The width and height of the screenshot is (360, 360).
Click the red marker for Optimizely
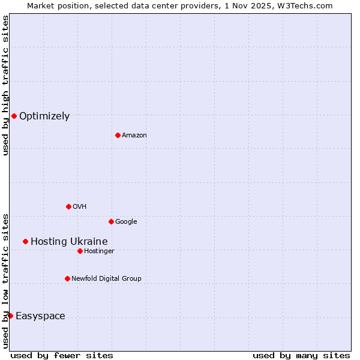pos(14,116)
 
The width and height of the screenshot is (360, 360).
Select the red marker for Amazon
pos(118,135)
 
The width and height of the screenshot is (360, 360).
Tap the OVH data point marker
pos(68,206)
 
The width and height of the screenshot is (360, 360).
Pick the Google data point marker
pos(111,221)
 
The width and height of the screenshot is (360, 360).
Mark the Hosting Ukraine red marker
pos(25,241)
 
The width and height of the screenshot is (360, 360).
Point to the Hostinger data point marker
pos(80,251)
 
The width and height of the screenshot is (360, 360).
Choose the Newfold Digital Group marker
pos(67,278)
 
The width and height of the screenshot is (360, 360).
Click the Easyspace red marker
pos(10,316)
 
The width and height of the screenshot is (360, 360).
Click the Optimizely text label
pos(44,116)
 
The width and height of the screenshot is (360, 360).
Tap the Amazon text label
pos(134,136)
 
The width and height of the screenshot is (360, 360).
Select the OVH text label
pos(80,207)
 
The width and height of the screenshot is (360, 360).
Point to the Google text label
pos(126,222)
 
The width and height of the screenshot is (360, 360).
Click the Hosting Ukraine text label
pos(69,242)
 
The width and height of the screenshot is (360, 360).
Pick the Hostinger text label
pos(99,251)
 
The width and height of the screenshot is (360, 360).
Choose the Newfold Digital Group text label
pos(106,279)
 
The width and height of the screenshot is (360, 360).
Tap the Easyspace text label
pos(40,316)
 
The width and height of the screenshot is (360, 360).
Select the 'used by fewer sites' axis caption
pos(62,355)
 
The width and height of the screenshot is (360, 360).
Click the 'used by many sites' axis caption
pos(301,355)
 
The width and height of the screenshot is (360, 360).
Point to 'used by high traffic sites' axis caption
pos(6,85)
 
